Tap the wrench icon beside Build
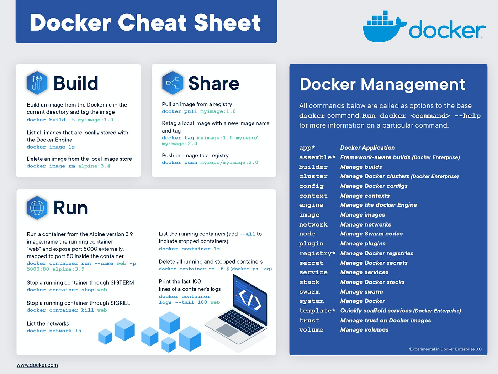click(x=37, y=83)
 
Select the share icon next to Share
click(x=173, y=83)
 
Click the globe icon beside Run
click(x=37, y=208)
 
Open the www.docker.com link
click(x=37, y=365)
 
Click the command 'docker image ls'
click(x=51, y=147)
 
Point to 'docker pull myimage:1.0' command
click(x=199, y=111)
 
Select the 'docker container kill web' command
click(x=67, y=310)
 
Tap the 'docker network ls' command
click(x=54, y=331)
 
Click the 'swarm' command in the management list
click(x=309, y=292)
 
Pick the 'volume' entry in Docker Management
click(x=311, y=330)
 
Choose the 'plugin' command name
click(x=311, y=244)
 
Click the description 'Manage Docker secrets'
click(x=374, y=263)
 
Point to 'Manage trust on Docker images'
click(x=385, y=321)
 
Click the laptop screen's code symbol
click(x=250, y=299)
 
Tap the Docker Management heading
click(x=382, y=84)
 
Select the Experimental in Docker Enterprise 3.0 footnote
click(x=445, y=349)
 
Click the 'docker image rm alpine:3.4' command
click(x=69, y=166)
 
